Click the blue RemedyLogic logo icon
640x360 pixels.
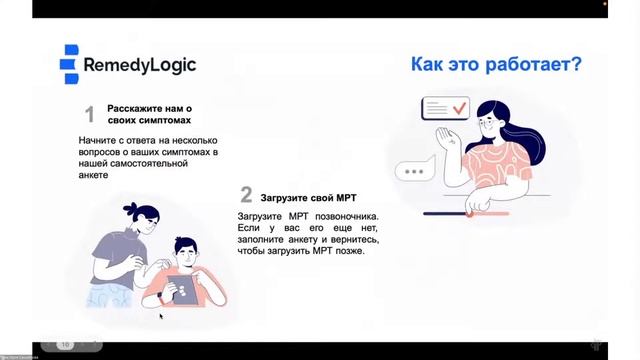[x=69, y=64]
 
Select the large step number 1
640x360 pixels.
[x=89, y=114]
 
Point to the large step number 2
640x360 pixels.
[x=246, y=195]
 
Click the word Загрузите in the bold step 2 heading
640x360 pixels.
[x=289, y=197]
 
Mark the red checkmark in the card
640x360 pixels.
[x=459, y=107]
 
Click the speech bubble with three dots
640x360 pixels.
[x=411, y=172]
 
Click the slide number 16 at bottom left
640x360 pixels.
[x=65, y=344]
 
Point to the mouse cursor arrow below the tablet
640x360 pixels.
[x=161, y=316]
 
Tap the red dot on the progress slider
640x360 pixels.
[x=467, y=212]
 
